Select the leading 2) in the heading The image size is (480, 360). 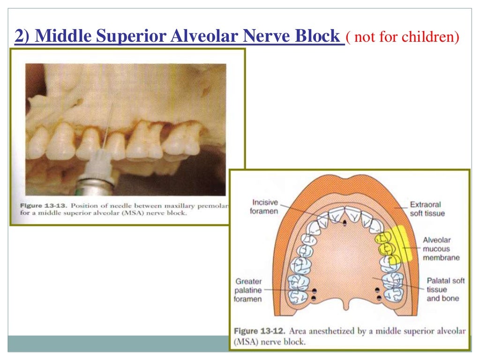(23, 36)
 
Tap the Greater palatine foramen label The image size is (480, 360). (248, 290)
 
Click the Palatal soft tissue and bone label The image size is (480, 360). (443, 289)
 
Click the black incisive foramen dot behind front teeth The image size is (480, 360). (344, 223)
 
